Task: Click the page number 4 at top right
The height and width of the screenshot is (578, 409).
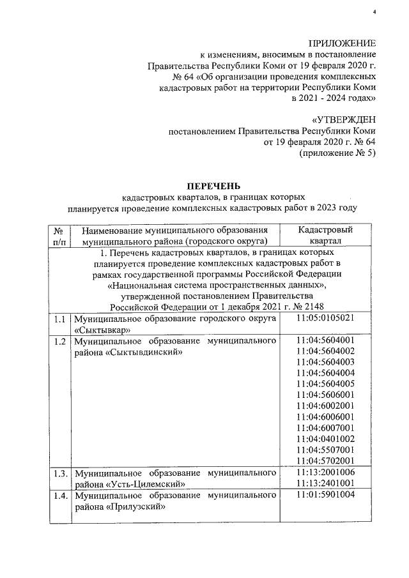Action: [375, 13]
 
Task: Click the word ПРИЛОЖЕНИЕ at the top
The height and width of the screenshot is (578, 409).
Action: [342, 43]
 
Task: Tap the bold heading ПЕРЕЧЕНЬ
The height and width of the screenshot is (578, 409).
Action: [213, 186]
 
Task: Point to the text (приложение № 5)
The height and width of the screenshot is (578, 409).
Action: [337, 154]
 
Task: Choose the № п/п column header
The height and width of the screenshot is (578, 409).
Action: [59, 235]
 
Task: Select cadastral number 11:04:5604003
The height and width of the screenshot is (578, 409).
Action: [325, 361]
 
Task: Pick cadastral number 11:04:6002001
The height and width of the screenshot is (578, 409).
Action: [325, 406]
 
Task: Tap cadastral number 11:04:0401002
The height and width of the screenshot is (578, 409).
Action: [325, 438]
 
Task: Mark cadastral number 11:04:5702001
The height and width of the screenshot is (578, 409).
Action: [325, 460]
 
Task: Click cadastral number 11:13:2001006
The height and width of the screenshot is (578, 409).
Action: [325, 473]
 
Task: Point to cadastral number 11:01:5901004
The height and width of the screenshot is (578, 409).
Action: [325, 495]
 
